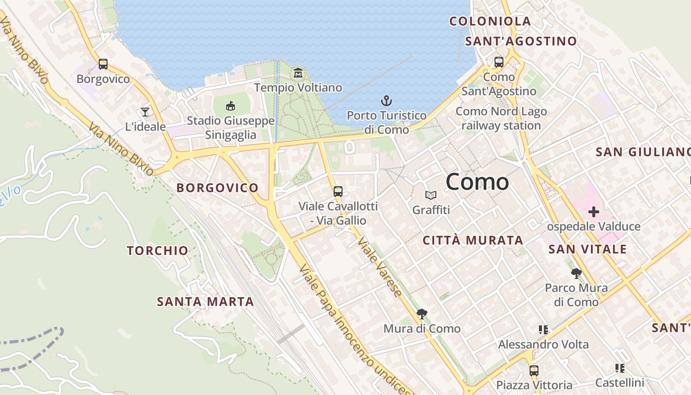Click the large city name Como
click(x=477, y=182)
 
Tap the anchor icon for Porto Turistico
click(x=386, y=101)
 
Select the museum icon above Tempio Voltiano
click(x=298, y=74)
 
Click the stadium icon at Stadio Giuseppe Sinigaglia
click(x=230, y=106)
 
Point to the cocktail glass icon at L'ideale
click(x=145, y=112)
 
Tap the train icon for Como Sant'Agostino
click(x=499, y=62)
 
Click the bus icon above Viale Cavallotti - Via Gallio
click(x=338, y=192)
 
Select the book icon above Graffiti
click(x=431, y=196)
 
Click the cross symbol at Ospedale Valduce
click(x=594, y=212)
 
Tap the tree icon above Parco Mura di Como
click(x=576, y=273)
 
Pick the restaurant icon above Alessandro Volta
click(x=543, y=329)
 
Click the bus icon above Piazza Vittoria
click(x=534, y=370)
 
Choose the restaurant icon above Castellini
click(x=620, y=368)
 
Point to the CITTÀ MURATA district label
click(x=473, y=240)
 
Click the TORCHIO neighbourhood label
click(x=157, y=250)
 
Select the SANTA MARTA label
click(x=205, y=301)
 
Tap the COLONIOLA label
click(x=490, y=21)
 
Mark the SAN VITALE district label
click(x=587, y=249)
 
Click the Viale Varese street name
click(x=380, y=267)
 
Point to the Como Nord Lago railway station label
click(x=501, y=118)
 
